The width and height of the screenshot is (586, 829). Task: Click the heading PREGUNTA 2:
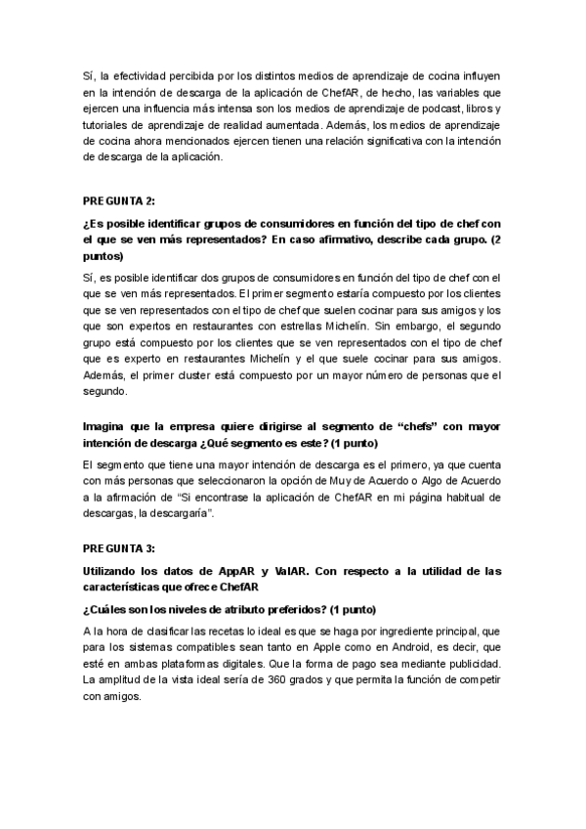tap(119, 200)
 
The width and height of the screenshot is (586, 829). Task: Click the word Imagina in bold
tap(109, 427)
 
